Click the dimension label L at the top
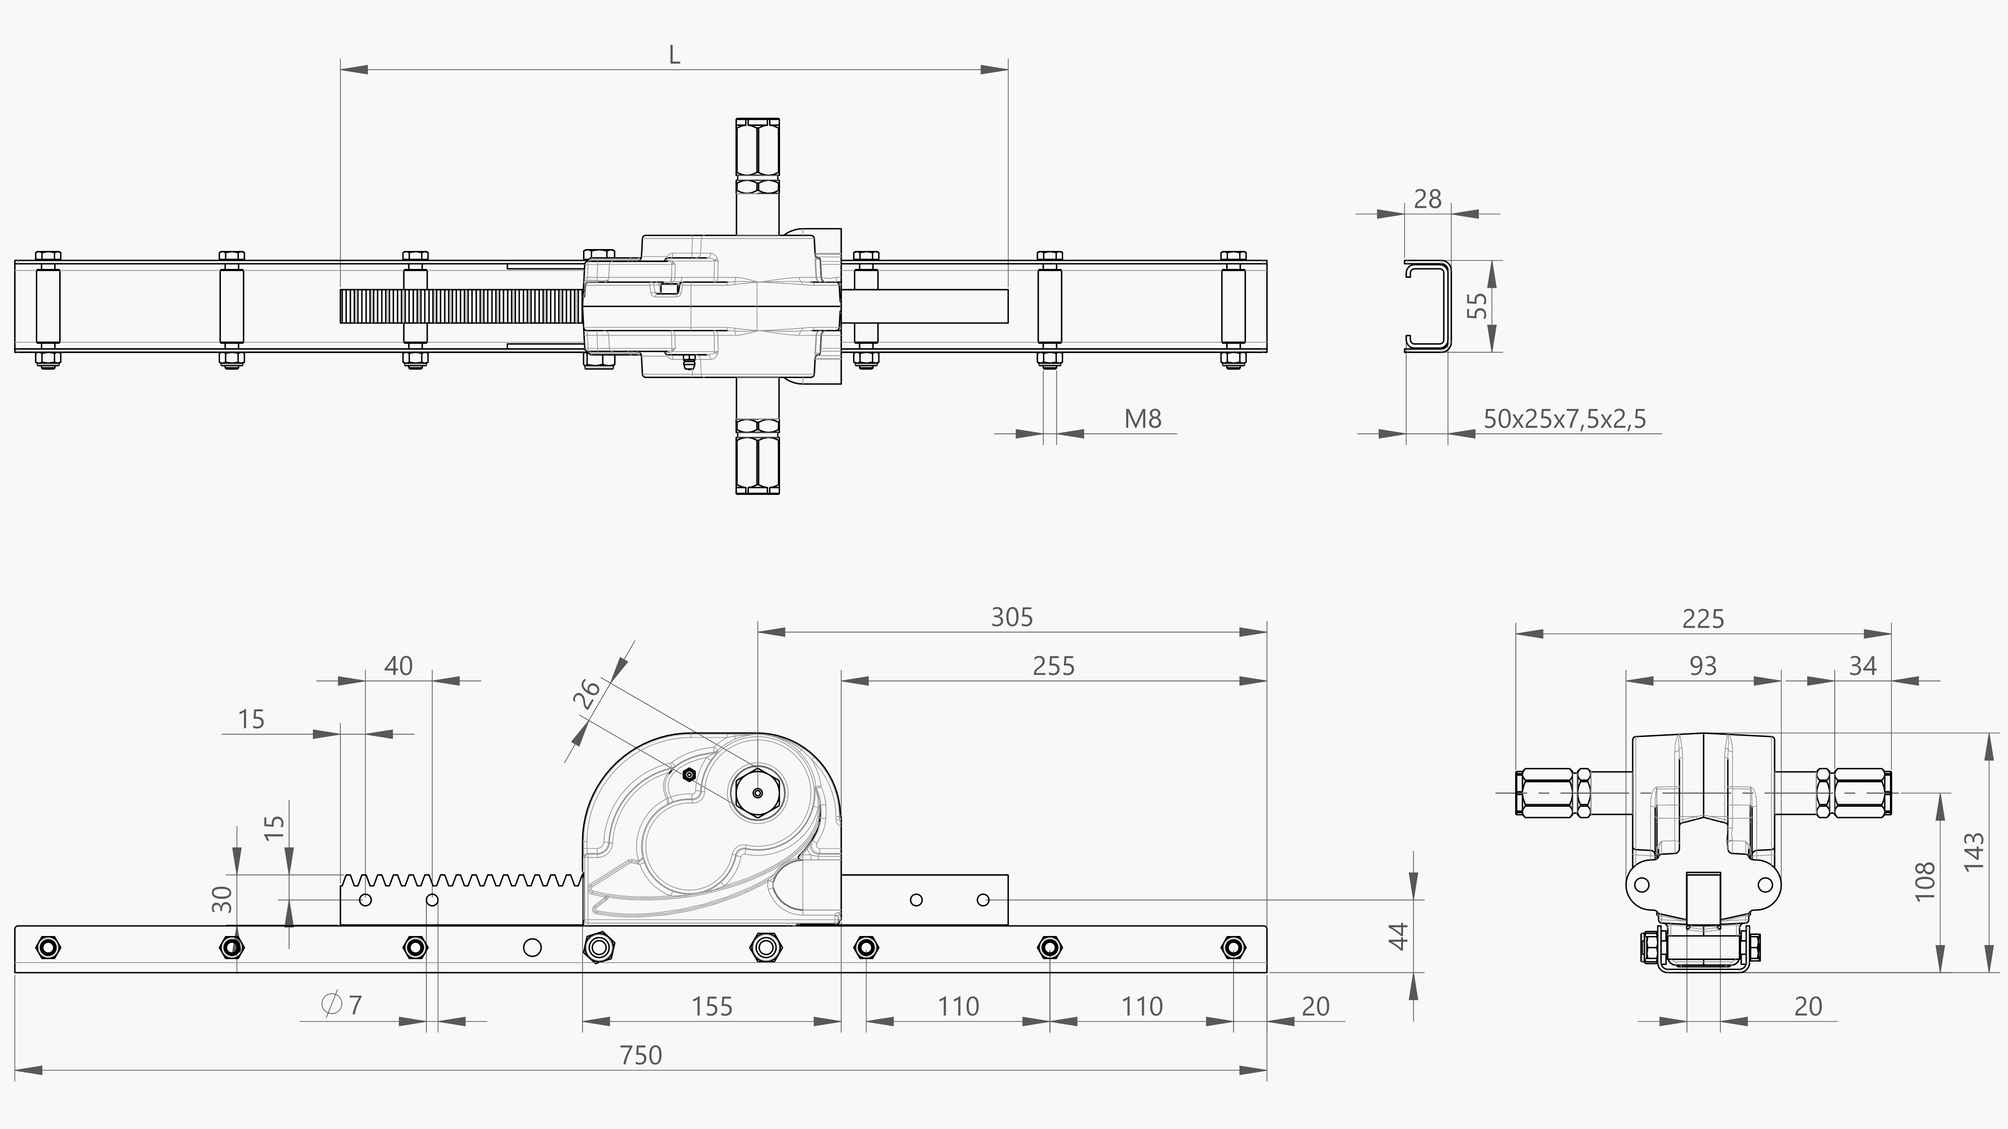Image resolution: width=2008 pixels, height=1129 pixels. point(674,55)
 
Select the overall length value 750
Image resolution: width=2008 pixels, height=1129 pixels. point(641,1055)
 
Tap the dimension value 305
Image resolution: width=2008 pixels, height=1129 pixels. point(1012,618)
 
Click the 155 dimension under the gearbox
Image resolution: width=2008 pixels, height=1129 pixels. point(712,1007)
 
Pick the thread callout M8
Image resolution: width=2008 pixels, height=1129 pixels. point(1143,420)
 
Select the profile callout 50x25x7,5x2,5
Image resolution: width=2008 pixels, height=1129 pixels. point(1565,420)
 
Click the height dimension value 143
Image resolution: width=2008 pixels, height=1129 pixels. point(1974,852)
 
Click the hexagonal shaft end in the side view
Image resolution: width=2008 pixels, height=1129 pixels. point(757,793)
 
